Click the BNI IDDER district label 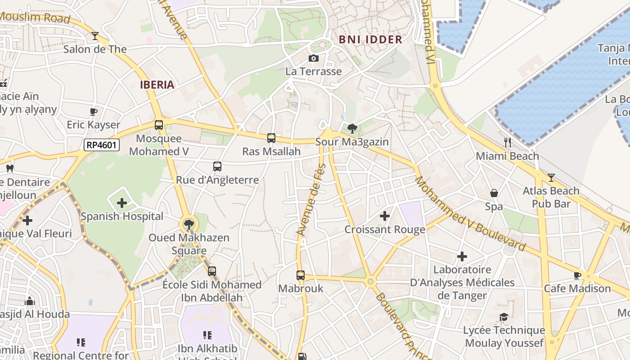[x=370, y=40]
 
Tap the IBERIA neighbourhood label [x=157, y=85]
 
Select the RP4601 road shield [x=102, y=145]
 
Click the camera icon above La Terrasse [x=314, y=58]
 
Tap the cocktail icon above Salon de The [x=95, y=36]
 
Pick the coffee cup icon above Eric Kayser [x=94, y=112]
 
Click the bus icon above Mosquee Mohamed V [x=159, y=125]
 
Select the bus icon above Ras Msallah [x=271, y=138]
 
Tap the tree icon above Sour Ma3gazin [x=352, y=129]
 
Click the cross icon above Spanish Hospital [x=122, y=203]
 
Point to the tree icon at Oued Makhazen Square [x=189, y=224]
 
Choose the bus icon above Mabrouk [x=301, y=275]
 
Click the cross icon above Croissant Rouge [x=385, y=216]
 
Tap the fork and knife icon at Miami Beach [x=508, y=143]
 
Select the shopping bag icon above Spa [x=494, y=193]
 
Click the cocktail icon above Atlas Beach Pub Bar [x=551, y=177]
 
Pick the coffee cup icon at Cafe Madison [x=578, y=275]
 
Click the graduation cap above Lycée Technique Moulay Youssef [x=504, y=317]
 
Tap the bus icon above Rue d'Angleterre [x=217, y=166]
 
